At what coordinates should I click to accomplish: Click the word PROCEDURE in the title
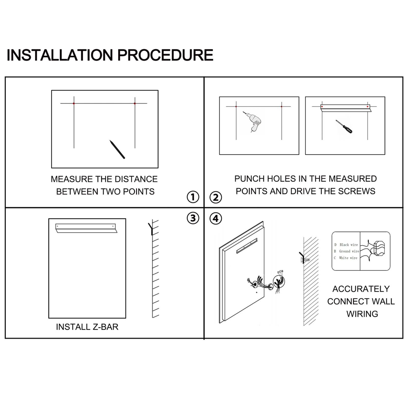(165, 55)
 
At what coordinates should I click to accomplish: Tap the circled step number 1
(193, 197)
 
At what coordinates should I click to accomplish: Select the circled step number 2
(216, 197)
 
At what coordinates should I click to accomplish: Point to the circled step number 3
(193, 218)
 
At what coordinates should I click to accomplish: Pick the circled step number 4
(216, 219)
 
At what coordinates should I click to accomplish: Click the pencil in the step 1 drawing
(117, 149)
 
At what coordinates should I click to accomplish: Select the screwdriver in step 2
(344, 127)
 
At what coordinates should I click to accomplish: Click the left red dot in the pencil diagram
(74, 103)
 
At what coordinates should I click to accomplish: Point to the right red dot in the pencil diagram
(135, 103)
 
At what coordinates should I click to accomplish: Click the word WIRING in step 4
(362, 314)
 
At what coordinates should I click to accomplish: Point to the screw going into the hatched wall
(305, 260)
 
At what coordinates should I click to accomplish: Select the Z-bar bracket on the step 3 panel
(86, 228)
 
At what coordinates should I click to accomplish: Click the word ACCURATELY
(361, 289)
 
